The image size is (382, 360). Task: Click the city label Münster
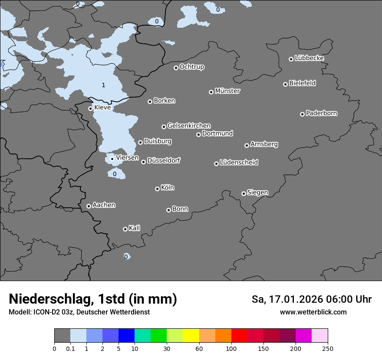click(x=227, y=91)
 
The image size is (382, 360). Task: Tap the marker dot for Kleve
click(x=90, y=108)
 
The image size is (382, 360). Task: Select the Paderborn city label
click(x=321, y=113)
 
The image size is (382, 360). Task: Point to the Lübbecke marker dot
click(x=291, y=59)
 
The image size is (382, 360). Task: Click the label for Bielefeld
click(x=302, y=83)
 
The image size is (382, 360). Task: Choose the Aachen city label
click(x=104, y=205)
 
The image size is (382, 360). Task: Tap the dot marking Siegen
click(x=244, y=193)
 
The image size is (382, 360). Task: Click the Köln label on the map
click(x=168, y=188)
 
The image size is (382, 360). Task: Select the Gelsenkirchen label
click(x=189, y=126)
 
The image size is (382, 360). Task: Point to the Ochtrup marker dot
click(x=176, y=68)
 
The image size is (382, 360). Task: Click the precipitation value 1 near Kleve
click(x=103, y=85)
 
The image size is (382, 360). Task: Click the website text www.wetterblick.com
click(x=313, y=312)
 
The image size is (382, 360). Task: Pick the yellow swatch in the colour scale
click(x=191, y=336)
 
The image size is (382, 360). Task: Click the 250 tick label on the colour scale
click(x=327, y=349)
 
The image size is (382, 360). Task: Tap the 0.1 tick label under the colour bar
click(x=70, y=349)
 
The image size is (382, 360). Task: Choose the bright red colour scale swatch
click(x=239, y=336)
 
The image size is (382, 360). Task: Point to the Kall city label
click(x=134, y=228)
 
